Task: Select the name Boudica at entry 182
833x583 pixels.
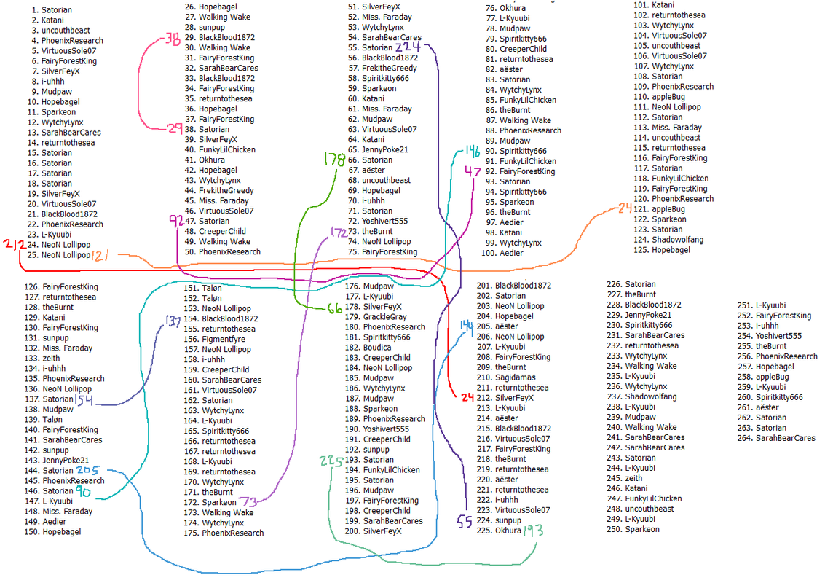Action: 376,348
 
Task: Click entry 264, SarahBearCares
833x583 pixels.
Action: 776,439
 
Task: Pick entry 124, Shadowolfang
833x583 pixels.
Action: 668,240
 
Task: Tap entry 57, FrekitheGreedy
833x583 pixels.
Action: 382,68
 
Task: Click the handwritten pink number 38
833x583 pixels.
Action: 173,39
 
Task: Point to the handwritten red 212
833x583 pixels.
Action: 15,245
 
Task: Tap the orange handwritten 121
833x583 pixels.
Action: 100,256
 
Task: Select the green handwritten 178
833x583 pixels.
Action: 334,159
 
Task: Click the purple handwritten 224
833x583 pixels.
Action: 408,47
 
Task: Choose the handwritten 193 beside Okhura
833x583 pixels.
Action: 533,531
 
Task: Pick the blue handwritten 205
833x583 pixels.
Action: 87,470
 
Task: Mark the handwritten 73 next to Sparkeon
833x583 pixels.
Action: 248,501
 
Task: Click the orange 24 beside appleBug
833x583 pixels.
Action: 625,208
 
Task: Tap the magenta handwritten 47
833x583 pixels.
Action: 473,171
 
